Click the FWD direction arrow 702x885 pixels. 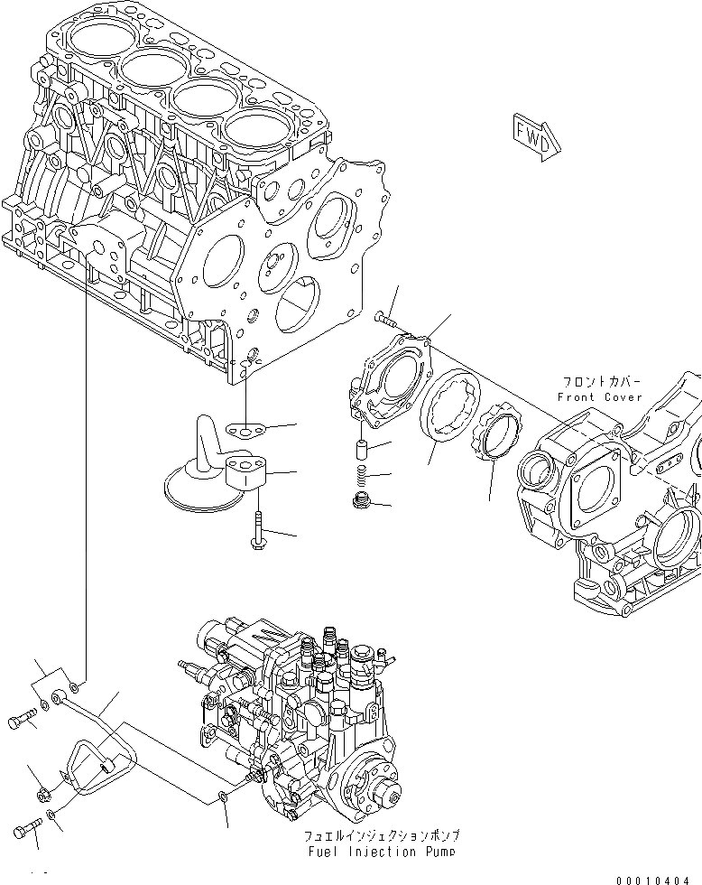(x=538, y=136)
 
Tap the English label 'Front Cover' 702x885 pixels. (x=599, y=397)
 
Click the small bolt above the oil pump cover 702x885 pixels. (x=385, y=315)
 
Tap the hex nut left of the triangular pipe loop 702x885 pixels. (x=42, y=794)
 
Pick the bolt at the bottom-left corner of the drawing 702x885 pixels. (x=27, y=830)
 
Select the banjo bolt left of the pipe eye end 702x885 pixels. (x=22, y=722)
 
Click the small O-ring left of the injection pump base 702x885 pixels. (x=223, y=796)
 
